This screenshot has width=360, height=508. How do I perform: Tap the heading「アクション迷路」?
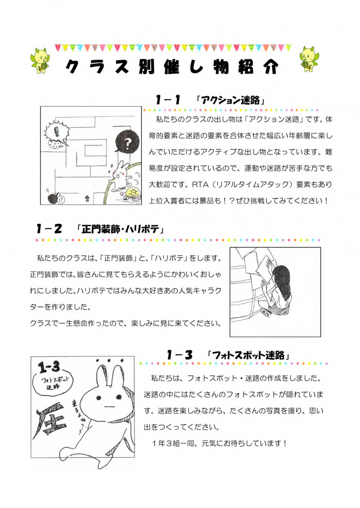(x=230, y=100)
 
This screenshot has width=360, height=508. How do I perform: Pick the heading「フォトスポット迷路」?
(x=248, y=355)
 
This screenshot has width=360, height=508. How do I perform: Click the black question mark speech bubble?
(x=127, y=142)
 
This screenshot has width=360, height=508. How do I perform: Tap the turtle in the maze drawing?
(x=132, y=193)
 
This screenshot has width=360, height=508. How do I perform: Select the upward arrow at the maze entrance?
(x=87, y=198)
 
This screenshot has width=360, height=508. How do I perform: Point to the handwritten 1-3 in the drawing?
(x=49, y=367)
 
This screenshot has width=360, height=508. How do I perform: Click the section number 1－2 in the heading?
(x=49, y=229)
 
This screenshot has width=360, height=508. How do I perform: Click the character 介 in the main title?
(x=270, y=67)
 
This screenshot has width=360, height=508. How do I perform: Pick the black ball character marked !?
(x=53, y=199)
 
